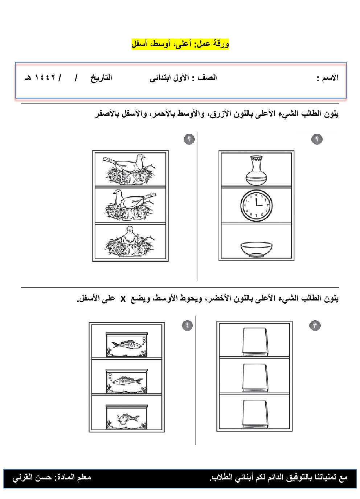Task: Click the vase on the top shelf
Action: click(256, 170)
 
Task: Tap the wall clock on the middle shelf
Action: click(256, 205)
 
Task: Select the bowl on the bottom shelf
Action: click(256, 249)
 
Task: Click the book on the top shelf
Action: click(255, 342)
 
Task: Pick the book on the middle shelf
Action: click(255, 378)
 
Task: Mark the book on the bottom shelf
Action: click(255, 414)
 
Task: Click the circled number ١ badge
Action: click(317, 139)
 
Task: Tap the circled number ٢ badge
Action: click(189, 139)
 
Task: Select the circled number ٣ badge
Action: click(315, 325)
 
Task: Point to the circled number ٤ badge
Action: click(187, 325)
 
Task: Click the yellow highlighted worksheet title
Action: click(180, 44)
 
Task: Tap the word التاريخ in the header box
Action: click(101, 78)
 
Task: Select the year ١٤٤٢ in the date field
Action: click(45, 78)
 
